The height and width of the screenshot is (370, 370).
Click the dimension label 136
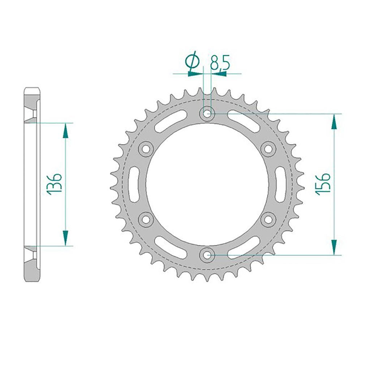[55, 184]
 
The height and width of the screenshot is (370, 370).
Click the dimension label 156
[323, 184]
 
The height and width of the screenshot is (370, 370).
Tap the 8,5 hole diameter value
[220, 63]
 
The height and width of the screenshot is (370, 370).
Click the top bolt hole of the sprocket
[207, 114]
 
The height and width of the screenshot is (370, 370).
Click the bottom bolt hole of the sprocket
[207, 255]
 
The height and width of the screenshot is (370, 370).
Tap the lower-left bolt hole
[146, 219]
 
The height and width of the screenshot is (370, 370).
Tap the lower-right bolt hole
[268, 219]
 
